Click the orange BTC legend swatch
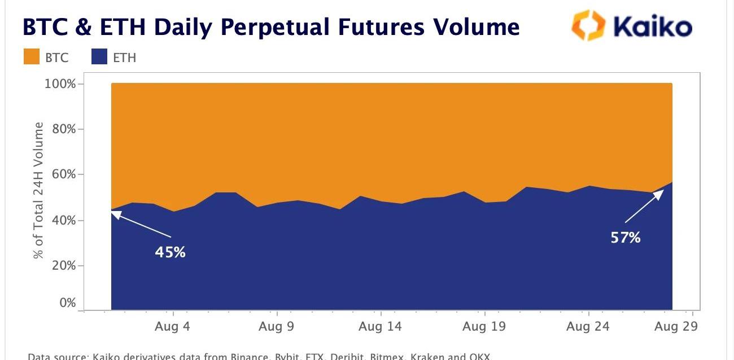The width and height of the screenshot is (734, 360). [x=32, y=56]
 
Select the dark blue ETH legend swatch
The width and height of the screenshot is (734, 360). [x=99, y=56]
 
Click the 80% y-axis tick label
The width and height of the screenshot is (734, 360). [x=62, y=129]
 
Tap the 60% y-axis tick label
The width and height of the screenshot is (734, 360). [x=62, y=174]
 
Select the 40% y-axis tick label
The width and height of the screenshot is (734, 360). [x=62, y=220]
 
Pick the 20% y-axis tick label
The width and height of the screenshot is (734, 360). [x=62, y=265]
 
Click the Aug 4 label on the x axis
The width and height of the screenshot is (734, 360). [x=173, y=326]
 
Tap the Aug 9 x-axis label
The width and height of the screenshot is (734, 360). [x=277, y=326]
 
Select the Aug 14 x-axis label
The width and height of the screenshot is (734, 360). [x=381, y=326]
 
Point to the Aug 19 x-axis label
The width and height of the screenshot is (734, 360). [x=484, y=326]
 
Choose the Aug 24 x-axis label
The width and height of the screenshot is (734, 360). [x=588, y=326]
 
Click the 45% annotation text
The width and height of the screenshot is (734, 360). [x=170, y=252]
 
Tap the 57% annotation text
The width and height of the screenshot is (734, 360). [x=626, y=238]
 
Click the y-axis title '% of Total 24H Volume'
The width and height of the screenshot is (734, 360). [x=38, y=190]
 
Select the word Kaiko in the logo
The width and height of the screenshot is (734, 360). [x=652, y=27]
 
